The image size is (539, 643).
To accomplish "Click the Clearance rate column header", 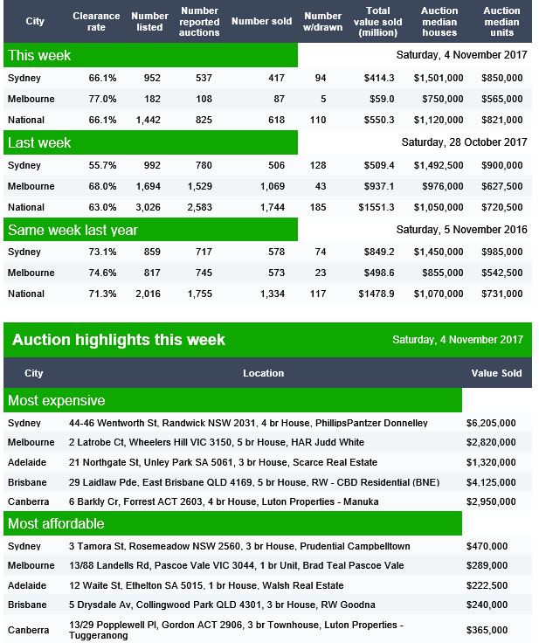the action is (x=96, y=21).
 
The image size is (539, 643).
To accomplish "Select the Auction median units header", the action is (x=501, y=21).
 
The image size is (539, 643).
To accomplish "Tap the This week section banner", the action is (x=150, y=55).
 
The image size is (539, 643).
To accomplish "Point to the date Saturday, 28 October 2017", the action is (x=464, y=142).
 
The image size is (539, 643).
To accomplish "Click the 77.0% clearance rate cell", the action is (x=102, y=99).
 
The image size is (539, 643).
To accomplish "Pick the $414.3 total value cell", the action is (x=378, y=78).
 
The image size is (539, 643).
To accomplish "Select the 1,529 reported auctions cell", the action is (x=200, y=186).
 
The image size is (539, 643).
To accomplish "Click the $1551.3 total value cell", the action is (x=377, y=207).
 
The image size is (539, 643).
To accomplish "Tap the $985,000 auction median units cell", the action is (x=502, y=252).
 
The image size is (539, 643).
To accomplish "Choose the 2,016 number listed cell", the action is (x=149, y=294).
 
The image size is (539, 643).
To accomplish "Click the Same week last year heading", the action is (x=73, y=230).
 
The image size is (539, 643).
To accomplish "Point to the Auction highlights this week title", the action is (x=119, y=340).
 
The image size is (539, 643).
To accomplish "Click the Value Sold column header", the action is (x=496, y=373).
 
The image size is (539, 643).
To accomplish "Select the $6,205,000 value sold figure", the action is (x=491, y=423).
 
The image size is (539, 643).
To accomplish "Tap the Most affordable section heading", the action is (x=56, y=523).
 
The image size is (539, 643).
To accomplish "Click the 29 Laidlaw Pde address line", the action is (x=254, y=482).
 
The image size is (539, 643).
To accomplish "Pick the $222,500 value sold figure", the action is (x=487, y=585).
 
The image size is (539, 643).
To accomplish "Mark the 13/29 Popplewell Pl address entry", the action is (x=236, y=630).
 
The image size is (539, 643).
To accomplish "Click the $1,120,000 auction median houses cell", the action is (x=439, y=120).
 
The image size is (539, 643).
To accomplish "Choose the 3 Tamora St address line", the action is (x=239, y=546).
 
